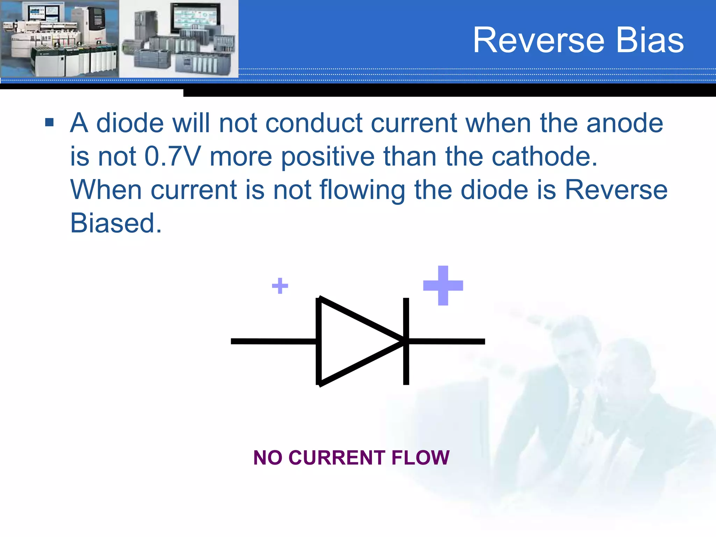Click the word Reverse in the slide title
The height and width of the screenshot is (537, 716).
point(538,41)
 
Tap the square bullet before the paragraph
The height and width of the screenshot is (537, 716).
point(49,122)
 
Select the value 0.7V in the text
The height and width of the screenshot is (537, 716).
point(173,156)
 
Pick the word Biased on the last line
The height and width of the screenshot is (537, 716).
point(115,223)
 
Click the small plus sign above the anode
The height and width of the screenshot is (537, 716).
point(280,286)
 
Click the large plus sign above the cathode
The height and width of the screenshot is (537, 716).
point(443,285)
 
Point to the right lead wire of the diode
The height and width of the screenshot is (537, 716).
point(447,341)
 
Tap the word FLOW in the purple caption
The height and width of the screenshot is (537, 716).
point(420,458)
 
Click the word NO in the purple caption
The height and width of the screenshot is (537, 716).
point(267,458)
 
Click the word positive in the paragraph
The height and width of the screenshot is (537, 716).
point(328,156)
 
